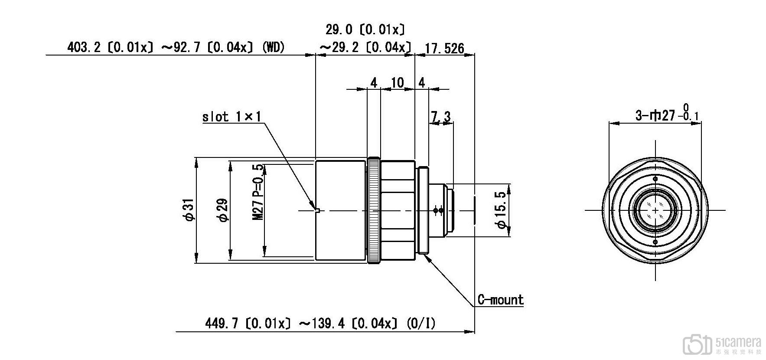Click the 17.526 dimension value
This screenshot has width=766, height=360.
click(444, 48)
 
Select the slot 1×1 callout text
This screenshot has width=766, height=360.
click(232, 117)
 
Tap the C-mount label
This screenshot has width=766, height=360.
click(500, 300)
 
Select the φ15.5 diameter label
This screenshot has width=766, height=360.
click(502, 210)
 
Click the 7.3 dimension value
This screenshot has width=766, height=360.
click(441, 116)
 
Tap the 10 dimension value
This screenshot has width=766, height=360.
click(397, 82)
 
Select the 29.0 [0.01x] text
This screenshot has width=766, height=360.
click(365, 29)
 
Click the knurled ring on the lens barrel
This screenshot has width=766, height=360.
click(374, 211)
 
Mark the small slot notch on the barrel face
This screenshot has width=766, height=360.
click(318, 211)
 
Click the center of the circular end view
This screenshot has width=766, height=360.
click(655, 210)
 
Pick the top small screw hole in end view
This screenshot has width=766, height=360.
click(655, 179)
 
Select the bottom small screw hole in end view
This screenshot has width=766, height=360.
click(655, 242)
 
